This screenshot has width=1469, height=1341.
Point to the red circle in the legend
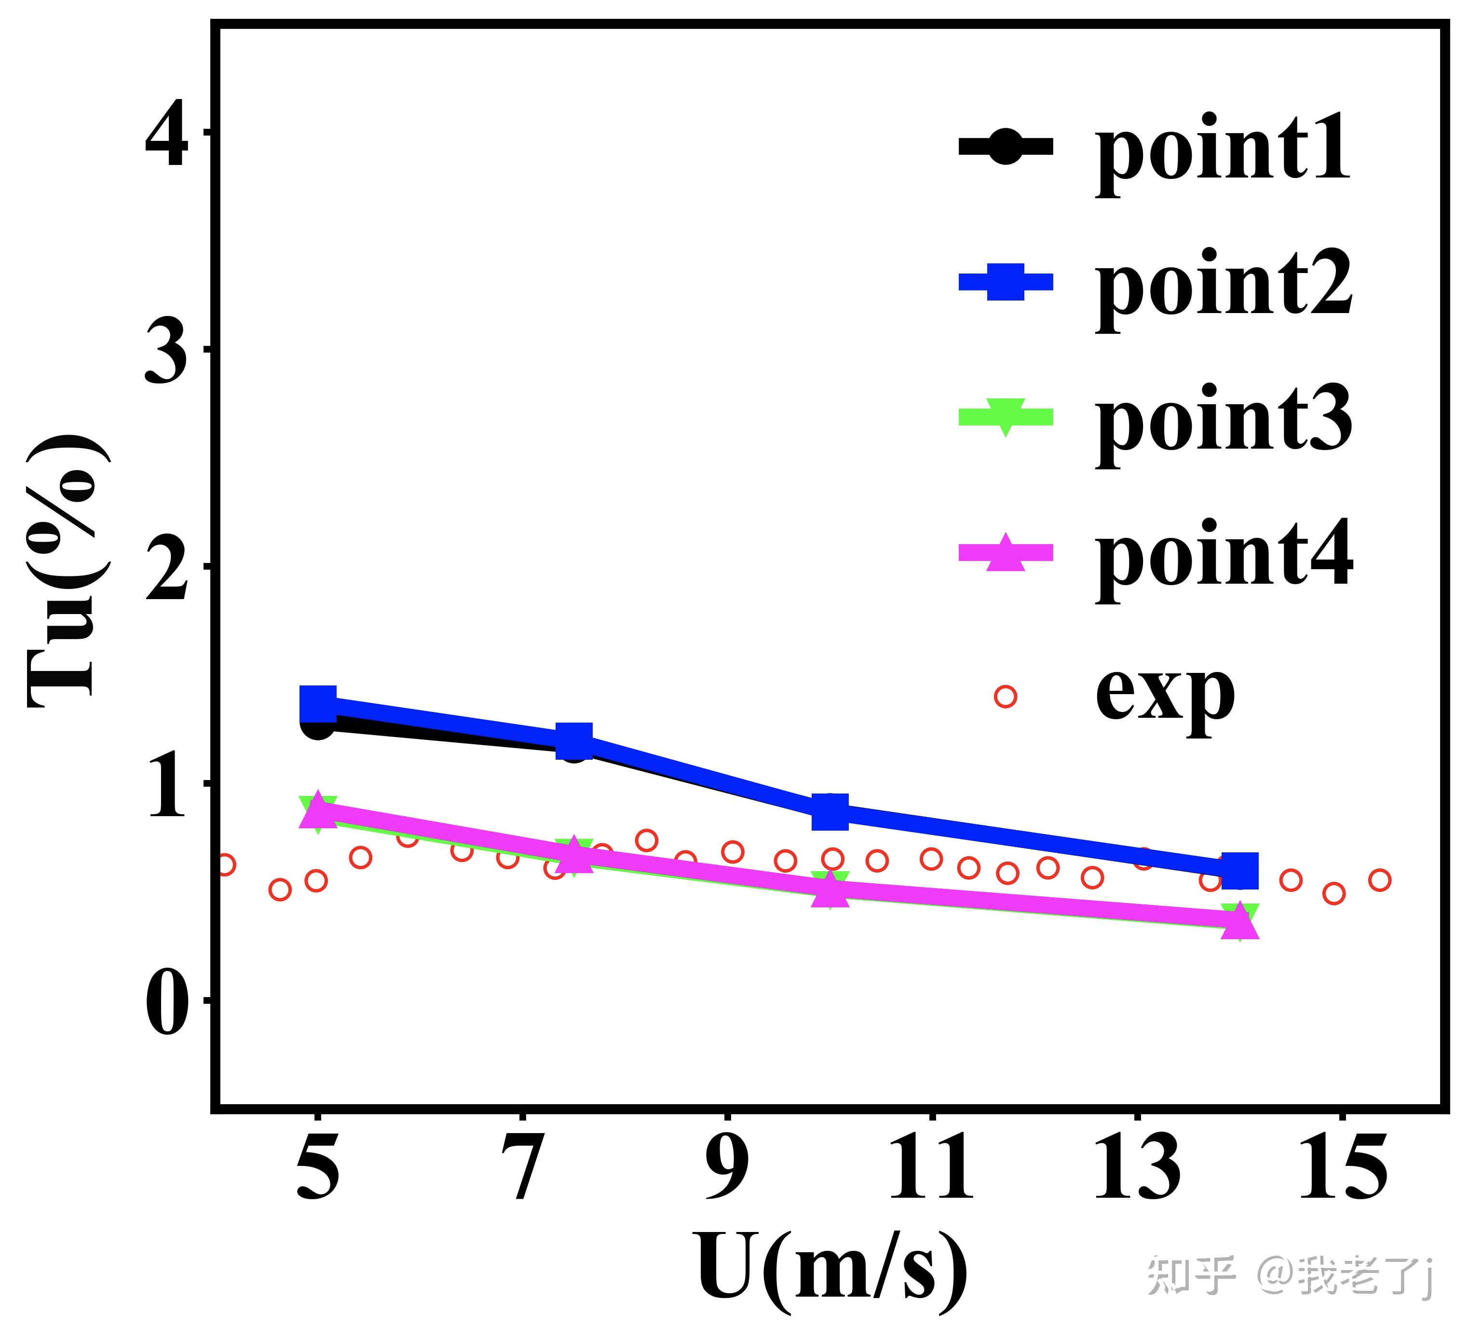(1005, 697)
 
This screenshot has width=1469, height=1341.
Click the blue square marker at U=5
(318, 703)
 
